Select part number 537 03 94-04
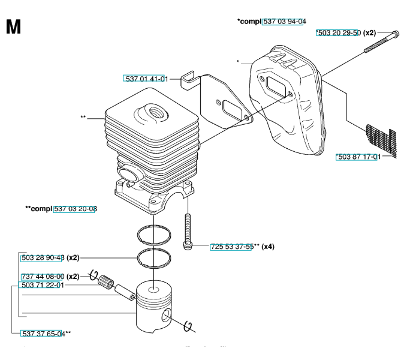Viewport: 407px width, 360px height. [x=284, y=22]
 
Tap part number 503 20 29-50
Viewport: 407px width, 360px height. [x=339, y=33]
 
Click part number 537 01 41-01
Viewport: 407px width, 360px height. [x=146, y=79]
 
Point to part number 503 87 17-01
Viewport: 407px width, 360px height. [x=358, y=157]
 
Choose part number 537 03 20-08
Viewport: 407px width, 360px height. [x=76, y=209]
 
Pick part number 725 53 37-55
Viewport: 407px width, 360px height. [x=232, y=247]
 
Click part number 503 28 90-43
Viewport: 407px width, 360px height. [x=43, y=257]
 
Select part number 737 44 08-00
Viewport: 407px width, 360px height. [x=43, y=277]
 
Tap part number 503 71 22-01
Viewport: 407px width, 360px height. [x=43, y=286]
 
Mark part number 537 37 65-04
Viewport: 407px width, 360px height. [x=43, y=334]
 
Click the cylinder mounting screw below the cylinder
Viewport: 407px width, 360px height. [x=188, y=230]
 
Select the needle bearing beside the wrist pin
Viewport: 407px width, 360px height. [x=108, y=280]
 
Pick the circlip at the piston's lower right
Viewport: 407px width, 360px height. [x=189, y=325]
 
